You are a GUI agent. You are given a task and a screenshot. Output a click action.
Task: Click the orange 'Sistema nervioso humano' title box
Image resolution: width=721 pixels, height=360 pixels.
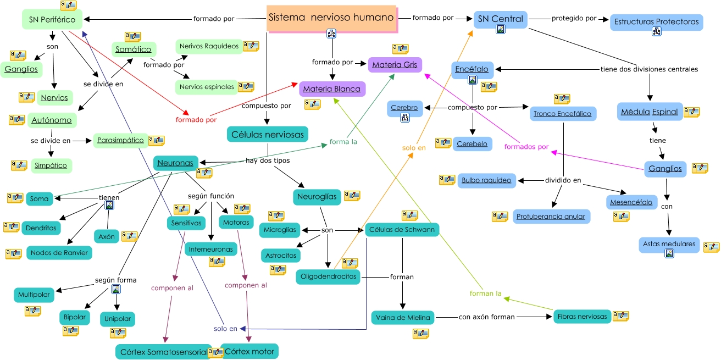[x=331, y=18]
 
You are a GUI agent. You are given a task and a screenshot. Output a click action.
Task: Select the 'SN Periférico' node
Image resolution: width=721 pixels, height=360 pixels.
[x=52, y=19]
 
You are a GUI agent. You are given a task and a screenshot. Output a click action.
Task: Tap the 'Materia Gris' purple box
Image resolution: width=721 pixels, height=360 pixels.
[x=395, y=65]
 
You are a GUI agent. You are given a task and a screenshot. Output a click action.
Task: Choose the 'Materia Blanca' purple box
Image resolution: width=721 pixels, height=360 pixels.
[x=332, y=89]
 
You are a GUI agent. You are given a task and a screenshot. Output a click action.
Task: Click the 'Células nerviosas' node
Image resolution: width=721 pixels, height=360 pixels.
[x=268, y=134]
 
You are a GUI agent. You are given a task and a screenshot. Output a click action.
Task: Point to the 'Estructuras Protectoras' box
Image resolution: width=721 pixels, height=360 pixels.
[x=656, y=22]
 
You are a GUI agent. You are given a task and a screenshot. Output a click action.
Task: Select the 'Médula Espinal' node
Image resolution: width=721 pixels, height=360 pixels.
[x=650, y=112]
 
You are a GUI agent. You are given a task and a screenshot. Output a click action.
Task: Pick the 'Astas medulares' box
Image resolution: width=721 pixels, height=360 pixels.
[x=669, y=245]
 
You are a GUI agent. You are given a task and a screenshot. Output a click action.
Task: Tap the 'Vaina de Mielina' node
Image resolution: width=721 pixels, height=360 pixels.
[x=403, y=318]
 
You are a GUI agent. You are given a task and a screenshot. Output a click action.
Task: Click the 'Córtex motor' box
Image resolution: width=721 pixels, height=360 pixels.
[x=249, y=351]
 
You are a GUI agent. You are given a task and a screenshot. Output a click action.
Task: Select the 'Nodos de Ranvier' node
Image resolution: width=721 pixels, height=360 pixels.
[x=59, y=253]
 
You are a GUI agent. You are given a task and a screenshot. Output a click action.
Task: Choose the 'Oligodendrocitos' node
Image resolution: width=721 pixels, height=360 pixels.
[x=328, y=276]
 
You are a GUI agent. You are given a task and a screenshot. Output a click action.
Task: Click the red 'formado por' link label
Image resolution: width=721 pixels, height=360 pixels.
[x=196, y=120]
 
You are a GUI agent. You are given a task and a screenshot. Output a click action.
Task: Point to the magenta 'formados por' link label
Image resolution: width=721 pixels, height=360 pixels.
[x=526, y=147]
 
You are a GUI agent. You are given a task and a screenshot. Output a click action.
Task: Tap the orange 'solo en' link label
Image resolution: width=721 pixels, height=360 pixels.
[x=414, y=148]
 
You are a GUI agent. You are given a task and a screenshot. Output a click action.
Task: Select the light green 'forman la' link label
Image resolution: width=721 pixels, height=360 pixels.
[x=485, y=293]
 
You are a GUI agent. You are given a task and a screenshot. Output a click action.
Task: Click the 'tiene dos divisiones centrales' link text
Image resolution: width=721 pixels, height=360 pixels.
[x=649, y=69]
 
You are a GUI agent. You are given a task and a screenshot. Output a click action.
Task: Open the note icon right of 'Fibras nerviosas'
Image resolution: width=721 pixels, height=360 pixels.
[x=621, y=316]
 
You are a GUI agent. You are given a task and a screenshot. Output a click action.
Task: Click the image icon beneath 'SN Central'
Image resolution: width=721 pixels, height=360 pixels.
[x=501, y=30]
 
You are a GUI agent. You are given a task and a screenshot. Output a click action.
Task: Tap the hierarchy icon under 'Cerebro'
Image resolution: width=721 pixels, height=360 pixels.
[x=404, y=118]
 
